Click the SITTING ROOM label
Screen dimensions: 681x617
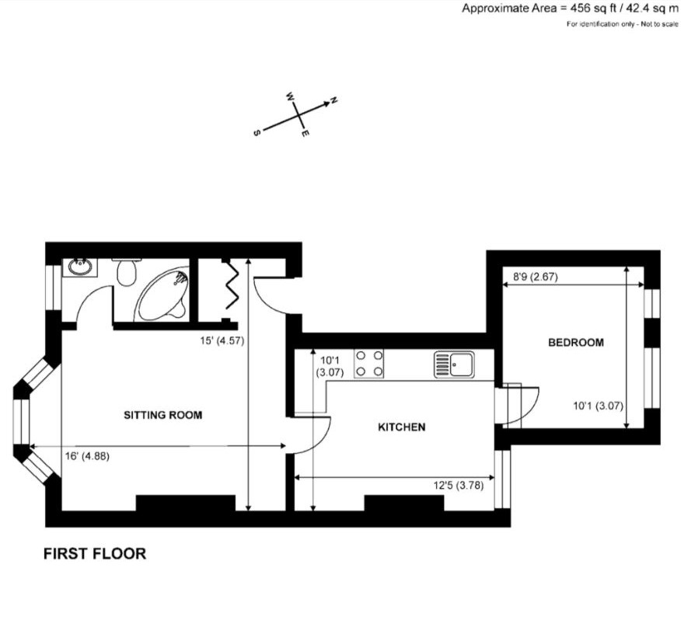[x=163, y=415]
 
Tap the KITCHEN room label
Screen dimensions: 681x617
[x=402, y=427]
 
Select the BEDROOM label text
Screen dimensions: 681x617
[x=576, y=343]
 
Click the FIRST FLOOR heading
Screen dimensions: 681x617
[x=95, y=553]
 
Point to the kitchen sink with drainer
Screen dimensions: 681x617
[x=454, y=364]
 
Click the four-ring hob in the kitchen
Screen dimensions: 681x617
[x=368, y=364]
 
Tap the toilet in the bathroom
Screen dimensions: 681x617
[x=127, y=272]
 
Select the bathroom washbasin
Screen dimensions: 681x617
[x=80, y=267]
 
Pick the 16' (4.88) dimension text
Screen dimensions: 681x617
[x=87, y=456]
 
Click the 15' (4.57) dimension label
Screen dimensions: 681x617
[x=222, y=341]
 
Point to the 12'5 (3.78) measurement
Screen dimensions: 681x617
[x=458, y=485]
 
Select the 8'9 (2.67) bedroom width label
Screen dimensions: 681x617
[x=536, y=277]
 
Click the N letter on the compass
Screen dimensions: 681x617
[x=334, y=100]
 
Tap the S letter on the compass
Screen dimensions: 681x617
[x=257, y=133]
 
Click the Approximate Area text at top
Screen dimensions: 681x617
[x=569, y=9]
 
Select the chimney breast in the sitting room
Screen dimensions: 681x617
[x=186, y=503]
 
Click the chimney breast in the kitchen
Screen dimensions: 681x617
[x=404, y=503]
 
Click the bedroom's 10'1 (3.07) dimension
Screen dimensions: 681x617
[x=598, y=406]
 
